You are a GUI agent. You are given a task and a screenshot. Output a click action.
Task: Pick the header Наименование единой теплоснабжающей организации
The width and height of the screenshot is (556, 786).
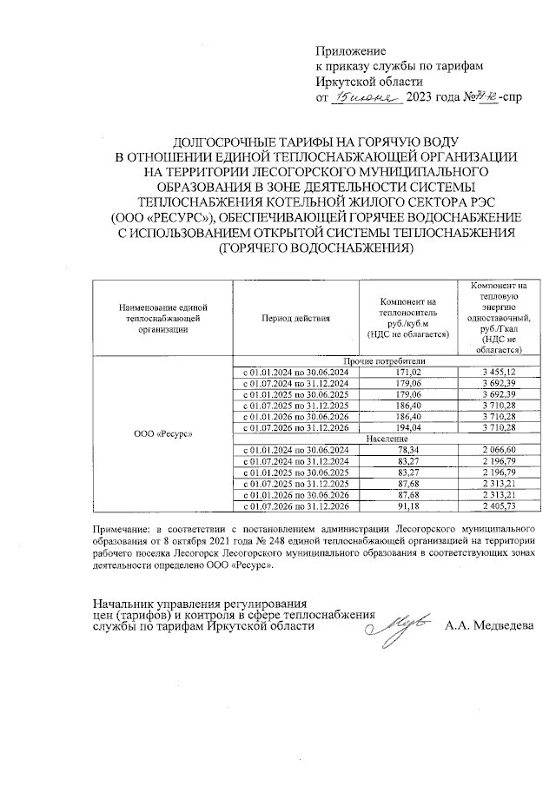[x=162, y=318]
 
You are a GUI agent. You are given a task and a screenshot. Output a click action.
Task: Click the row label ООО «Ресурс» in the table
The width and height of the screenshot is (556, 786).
[x=162, y=433]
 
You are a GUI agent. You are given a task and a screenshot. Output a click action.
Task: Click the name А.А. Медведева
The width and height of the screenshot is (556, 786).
[x=490, y=625]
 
